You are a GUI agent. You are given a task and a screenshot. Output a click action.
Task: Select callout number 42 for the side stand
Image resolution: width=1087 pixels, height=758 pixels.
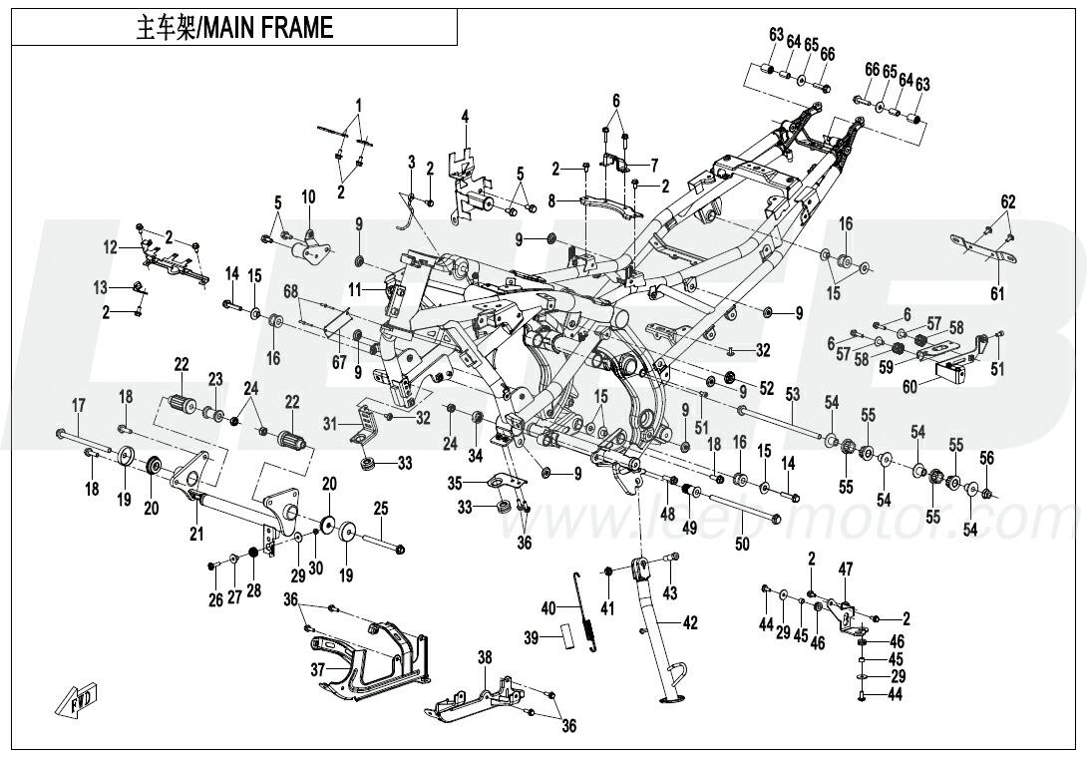pyautogui.click(x=690, y=624)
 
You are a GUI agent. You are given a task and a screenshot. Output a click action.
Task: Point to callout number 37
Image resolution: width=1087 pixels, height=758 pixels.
pyautogui.click(x=317, y=669)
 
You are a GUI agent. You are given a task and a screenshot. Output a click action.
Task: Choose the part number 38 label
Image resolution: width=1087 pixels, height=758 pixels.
pyautogui.click(x=485, y=657)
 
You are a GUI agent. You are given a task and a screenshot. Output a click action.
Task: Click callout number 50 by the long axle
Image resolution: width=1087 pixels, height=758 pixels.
pyautogui.click(x=742, y=545)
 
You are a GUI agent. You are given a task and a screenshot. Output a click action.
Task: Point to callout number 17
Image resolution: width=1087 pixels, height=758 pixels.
pyautogui.click(x=79, y=404)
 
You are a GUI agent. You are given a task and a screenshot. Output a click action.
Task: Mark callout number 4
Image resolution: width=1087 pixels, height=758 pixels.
pyautogui.click(x=464, y=118)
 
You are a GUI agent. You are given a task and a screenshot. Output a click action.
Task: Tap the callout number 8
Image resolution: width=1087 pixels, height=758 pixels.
pyautogui.click(x=551, y=200)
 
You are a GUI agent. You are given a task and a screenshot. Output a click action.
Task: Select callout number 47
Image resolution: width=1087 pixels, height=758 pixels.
pyautogui.click(x=846, y=569)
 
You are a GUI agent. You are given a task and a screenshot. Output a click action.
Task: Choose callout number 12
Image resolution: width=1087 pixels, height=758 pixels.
pyautogui.click(x=111, y=246)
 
